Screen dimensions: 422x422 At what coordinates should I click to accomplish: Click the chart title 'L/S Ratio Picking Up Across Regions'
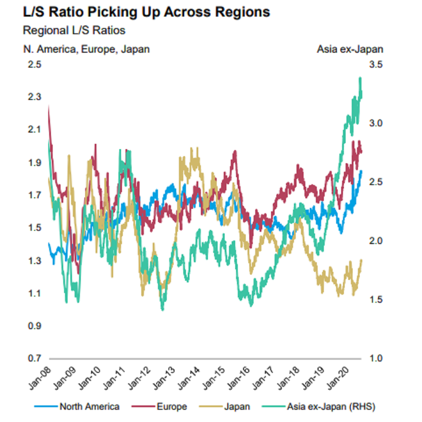click(146, 12)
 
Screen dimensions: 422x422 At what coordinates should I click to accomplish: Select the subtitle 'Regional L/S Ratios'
click(74, 31)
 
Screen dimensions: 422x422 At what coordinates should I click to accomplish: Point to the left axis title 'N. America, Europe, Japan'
click(87, 49)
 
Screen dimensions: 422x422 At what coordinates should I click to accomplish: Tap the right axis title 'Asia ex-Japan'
click(350, 49)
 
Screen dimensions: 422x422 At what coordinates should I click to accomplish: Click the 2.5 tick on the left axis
click(34, 64)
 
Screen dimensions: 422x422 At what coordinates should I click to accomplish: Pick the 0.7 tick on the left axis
click(34, 358)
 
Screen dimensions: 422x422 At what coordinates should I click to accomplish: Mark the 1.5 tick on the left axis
click(34, 228)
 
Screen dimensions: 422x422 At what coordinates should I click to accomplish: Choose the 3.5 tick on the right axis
click(376, 64)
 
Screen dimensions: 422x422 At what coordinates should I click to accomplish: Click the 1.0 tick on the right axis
click(376, 358)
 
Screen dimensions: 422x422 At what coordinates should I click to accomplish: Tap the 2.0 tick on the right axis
click(376, 241)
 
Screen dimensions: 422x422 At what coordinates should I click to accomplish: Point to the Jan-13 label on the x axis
click(164, 378)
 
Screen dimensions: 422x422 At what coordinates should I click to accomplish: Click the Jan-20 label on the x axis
click(338, 378)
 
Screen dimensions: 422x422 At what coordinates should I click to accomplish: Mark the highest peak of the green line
click(360, 78)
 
